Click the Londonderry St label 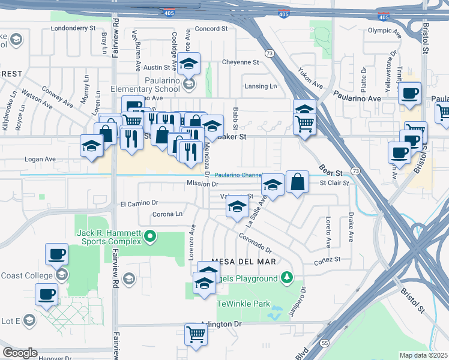[x=74, y=28]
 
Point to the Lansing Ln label [x=261, y=86]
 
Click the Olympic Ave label [x=383, y=30]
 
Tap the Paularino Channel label [x=238, y=175]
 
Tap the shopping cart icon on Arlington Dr [x=196, y=334]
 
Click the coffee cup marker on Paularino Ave [x=410, y=93]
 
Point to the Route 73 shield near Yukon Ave [x=270, y=53]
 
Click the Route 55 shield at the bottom [x=324, y=342]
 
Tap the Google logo [x=20, y=353]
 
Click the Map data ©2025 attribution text [x=423, y=355]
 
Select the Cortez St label [x=328, y=260]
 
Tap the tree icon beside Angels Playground [x=287, y=278]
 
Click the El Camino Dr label [x=139, y=204]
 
